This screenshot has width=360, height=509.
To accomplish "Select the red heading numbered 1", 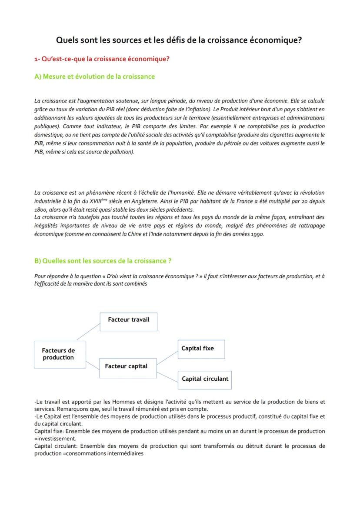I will pos(102,59).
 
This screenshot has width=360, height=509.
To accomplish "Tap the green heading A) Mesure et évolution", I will pos(94,77).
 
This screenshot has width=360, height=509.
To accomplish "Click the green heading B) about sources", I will pos(103,261).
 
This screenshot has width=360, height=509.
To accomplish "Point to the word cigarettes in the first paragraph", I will pos(283,135).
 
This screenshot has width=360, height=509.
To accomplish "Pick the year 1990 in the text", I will pos(255,234).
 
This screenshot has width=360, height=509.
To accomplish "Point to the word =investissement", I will pos(55,439).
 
